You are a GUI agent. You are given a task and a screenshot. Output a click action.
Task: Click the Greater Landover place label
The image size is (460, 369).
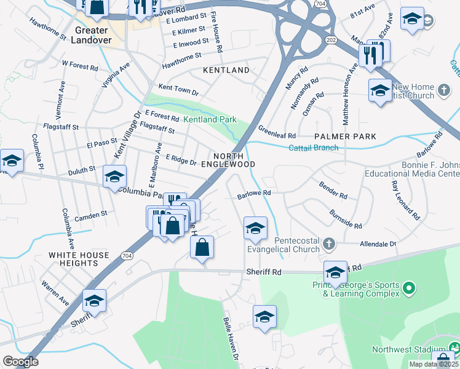(x=93, y=35)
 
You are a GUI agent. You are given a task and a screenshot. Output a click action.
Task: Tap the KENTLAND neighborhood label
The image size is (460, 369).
(x=226, y=71)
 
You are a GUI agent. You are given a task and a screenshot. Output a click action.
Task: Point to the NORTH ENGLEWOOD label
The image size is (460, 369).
(x=234, y=160)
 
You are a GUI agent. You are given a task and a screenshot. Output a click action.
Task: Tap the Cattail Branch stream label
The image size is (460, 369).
(x=314, y=148)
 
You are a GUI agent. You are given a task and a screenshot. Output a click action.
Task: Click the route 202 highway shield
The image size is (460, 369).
(x=331, y=40)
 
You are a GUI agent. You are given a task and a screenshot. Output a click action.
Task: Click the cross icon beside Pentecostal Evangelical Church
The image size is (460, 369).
(x=330, y=245)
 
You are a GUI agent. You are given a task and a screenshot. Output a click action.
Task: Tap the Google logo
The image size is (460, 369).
(x=20, y=361)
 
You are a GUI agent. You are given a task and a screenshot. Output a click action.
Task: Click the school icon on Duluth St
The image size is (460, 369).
(x=114, y=177)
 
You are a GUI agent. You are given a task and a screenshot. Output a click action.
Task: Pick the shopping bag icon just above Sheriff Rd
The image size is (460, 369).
(x=202, y=248)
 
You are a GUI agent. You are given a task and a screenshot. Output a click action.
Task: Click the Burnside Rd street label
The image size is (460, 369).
(x=345, y=220)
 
